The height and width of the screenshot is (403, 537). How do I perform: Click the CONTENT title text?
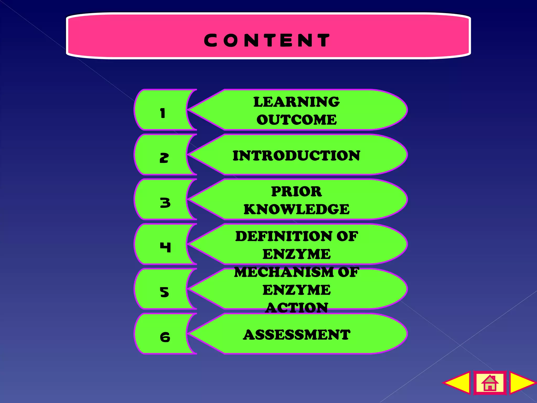point(267,40)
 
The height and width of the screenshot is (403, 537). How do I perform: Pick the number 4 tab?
point(165,247)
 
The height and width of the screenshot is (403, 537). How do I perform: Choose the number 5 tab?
point(165,292)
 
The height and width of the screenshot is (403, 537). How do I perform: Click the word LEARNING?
point(296,102)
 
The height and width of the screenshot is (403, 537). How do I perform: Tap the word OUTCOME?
point(297,120)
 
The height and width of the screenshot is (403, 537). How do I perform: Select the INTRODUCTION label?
point(296,155)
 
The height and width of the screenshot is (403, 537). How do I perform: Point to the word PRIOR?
point(296,191)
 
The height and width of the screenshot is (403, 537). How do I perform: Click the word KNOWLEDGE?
point(297,209)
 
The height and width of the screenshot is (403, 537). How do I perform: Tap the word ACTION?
point(297,308)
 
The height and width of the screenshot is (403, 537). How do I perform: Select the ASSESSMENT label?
point(297,335)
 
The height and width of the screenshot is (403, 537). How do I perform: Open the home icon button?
point(490,383)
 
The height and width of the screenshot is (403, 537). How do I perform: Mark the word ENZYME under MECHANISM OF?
point(297,290)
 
